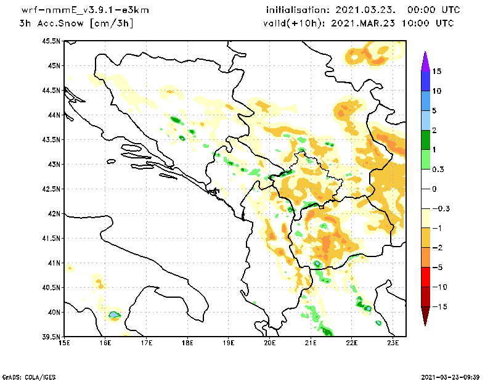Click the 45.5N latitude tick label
(x=51, y=41)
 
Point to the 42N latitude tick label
(x=53, y=213)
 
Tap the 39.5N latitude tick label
(x=51, y=337)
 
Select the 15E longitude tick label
(x=64, y=344)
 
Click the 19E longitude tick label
(x=229, y=344)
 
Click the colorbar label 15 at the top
(x=437, y=72)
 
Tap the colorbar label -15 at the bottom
(x=439, y=306)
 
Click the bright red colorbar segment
(x=425, y=277)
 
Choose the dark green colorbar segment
(x=425, y=139)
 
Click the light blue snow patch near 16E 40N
(x=113, y=314)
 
